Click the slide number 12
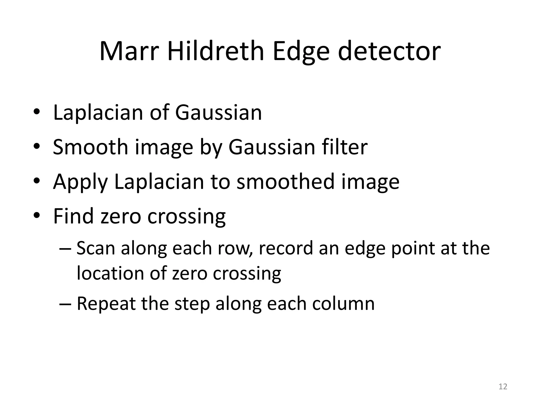coord(503,387)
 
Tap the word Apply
coord(80,182)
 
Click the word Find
coord(73,216)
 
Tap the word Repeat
coord(106,304)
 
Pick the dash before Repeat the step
coord(65,304)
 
